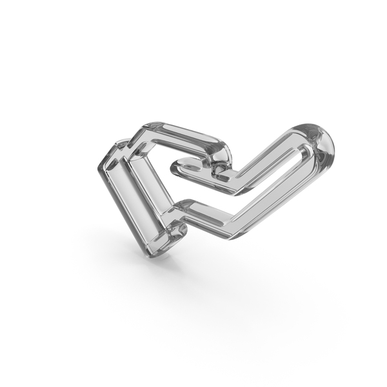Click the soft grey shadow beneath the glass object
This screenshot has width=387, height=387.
coord(213,271)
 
